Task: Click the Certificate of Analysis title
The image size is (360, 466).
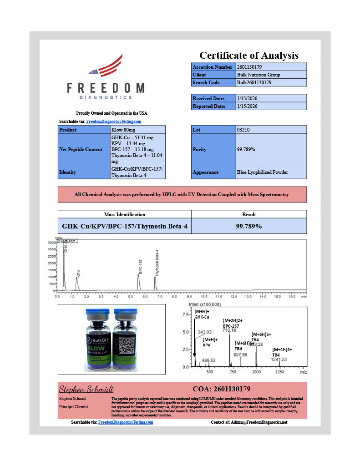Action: [248, 55]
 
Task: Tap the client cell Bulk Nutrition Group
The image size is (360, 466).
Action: [259, 75]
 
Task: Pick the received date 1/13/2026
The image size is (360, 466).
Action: [248, 98]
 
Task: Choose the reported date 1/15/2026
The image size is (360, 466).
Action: [248, 106]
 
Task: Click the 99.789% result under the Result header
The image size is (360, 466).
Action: [249, 226]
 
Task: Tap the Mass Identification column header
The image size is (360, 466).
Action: [124, 214]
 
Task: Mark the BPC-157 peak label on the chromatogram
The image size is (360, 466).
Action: [141, 267]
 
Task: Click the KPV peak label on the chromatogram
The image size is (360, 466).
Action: [79, 273]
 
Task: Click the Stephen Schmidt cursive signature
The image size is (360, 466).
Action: [86, 389]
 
